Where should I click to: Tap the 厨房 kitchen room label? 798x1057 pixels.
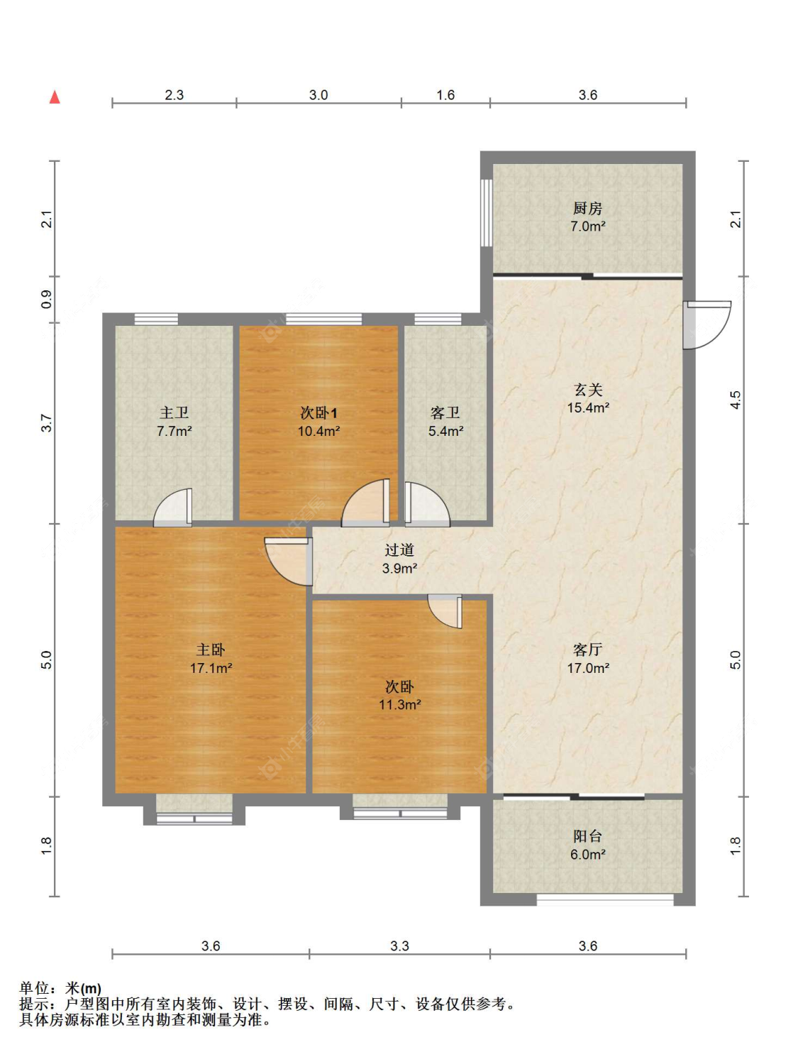[587, 208]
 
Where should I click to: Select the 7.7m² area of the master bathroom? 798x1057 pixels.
[174, 430]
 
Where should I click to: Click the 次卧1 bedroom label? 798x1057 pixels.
[318, 412]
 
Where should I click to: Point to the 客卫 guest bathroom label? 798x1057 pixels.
[445, 412]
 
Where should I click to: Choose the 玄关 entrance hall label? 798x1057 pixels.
[588, 389]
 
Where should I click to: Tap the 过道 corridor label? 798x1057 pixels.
[399, 549]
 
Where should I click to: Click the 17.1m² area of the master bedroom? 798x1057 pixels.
[211, 668]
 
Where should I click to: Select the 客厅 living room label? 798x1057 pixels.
[588, 650]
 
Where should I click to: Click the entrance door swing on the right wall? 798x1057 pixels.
[706, 324]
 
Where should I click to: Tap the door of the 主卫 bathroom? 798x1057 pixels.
[172, 508]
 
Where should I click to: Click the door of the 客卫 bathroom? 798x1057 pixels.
[427, 504]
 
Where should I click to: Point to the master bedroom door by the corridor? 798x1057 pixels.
[289, 562]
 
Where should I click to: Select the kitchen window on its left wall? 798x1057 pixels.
[487, 213]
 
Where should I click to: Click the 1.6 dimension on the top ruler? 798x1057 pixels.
[445, 95]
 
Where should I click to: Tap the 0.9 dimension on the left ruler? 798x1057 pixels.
[47, 300]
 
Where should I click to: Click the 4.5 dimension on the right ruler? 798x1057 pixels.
[736, 400]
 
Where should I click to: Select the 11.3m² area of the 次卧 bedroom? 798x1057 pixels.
[400, 704]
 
